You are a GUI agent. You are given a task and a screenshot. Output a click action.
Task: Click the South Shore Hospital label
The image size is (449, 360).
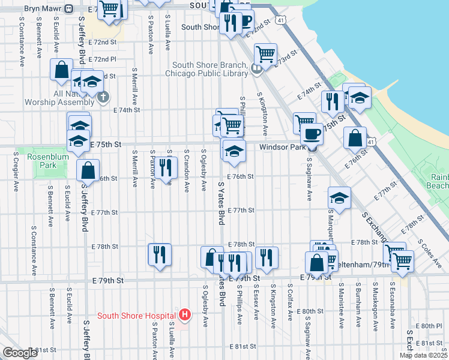coord(136,316)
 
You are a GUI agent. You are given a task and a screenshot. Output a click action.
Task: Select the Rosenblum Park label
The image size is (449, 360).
coord(41,161)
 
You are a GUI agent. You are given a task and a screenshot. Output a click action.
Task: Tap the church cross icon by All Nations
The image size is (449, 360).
coord(103,97)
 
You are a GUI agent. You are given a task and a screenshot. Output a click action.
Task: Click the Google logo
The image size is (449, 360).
coord(19,353)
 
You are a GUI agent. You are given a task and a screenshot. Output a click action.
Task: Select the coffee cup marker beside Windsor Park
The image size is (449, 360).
coord(312,134)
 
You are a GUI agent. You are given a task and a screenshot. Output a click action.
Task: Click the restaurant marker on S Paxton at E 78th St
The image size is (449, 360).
coord(160,254)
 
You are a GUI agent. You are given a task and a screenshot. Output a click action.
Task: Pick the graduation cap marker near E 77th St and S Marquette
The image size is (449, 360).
coord(339,199)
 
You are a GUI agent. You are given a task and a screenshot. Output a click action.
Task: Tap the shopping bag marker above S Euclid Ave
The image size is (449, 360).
coord(62,70)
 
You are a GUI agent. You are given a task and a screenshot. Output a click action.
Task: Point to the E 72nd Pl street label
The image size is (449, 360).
coord(104,59)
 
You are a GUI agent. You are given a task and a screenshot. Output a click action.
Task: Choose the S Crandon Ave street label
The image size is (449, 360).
coord(187,170)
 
